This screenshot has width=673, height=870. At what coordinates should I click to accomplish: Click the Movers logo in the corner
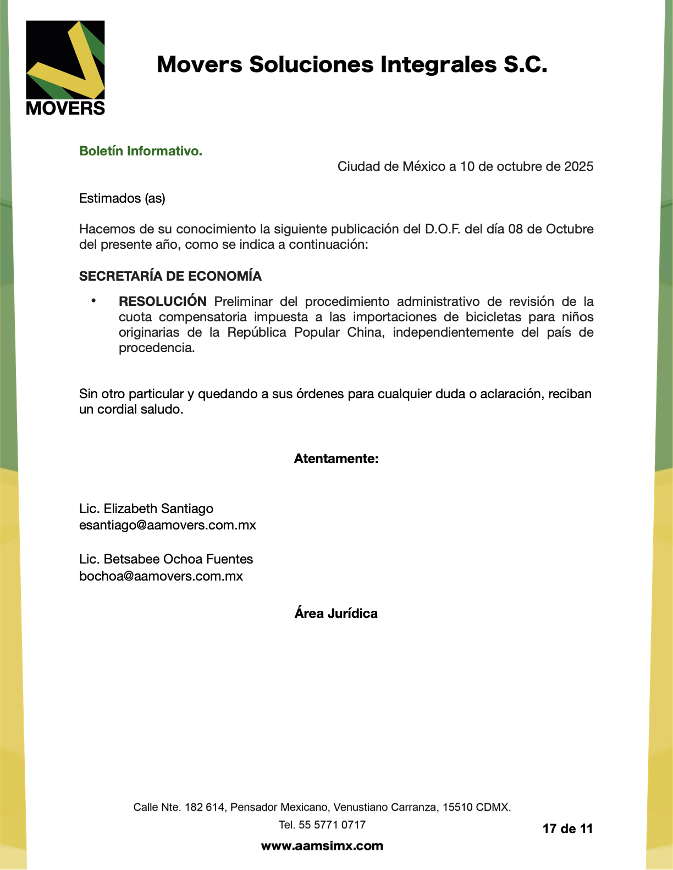coord(65,68)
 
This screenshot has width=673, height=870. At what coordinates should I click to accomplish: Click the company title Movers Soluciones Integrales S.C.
coord(352,65)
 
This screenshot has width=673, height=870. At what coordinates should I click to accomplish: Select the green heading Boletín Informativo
coord(141,151)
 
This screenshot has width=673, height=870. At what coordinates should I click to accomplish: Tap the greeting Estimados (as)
coord(122,198)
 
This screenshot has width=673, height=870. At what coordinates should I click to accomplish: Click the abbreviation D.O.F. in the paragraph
coord(443,229)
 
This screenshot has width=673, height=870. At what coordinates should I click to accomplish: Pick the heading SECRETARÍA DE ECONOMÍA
coord(170,276)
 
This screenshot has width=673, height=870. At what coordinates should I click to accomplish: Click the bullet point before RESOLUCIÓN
coord(93,300)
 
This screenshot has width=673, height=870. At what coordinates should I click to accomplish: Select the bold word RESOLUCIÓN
coord(163,302)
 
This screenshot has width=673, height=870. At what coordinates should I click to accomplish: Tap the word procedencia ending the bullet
coord(156,348)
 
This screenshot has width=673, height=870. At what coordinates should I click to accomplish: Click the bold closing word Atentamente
coord(336,459)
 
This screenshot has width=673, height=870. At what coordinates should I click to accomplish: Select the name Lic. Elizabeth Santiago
coord(146,509)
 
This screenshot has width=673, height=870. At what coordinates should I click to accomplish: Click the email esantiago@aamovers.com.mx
coord(168,525)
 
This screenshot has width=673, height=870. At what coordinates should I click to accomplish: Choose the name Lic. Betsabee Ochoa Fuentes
coord(166,559)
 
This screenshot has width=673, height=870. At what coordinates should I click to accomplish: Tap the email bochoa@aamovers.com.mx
coord(161,576)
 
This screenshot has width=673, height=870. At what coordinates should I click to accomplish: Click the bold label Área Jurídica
coord(336,614)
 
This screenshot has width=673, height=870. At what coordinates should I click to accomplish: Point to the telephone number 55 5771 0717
coord(332,824)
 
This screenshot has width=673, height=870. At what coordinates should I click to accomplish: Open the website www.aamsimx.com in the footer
coord(322,846)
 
